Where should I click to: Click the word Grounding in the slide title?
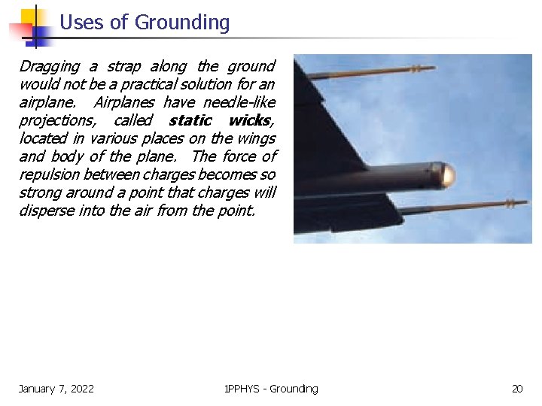click(x=181, y=23)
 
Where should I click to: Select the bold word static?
click(x=190, y=120)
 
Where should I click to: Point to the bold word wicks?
click(x=250, y=120)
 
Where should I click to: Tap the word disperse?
click(x=46, y=211)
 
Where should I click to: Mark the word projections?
click(x=59, y=120)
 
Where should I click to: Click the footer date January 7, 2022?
click(x=56, y=389)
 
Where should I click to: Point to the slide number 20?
click(x=517, y=389)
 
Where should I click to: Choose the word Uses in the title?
click(x=83, y=23)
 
